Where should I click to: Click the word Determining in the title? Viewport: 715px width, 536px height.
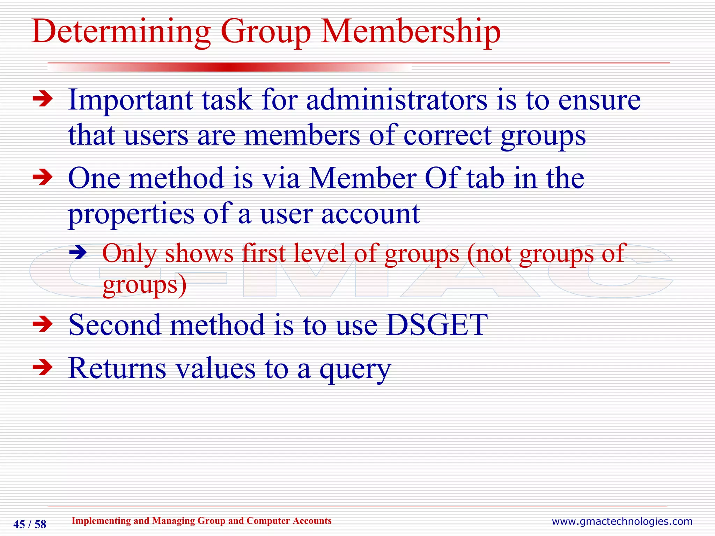[121, 32]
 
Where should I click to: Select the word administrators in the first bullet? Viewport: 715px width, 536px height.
[397, 100]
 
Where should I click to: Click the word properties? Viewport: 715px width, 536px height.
[131, 214]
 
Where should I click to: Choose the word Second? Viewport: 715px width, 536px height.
[115, 325]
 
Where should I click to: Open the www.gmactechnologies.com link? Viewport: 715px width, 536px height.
[622, 522]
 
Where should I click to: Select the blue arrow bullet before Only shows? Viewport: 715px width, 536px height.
[78, 252]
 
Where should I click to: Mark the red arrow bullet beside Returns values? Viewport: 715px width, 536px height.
[42, 367]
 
